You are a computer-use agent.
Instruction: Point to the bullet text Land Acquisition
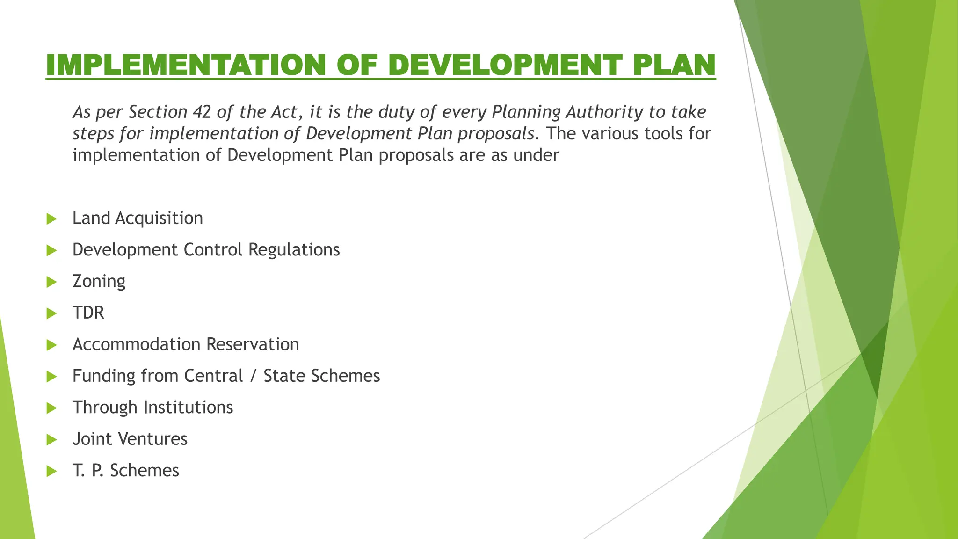click(x=138, y=219)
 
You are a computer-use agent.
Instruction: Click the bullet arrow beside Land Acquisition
click(x=51, y=219)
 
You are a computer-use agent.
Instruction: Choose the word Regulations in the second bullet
click(x=294, y=250)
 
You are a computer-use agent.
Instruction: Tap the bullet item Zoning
click(x=99, y=282)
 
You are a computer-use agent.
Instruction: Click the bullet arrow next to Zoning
click(x=51, y=282)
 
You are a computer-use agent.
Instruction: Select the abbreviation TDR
click(x=88, y=313)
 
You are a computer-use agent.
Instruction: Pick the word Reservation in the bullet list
click(x=253, y=344)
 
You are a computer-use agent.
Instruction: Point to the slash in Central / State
click(x=253, y=376)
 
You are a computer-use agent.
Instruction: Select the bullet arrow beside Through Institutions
click(x=51, y=408)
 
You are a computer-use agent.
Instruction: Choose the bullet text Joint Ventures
click(x=130, y=439)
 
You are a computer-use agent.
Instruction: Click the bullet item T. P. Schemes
click(x=126, y=471)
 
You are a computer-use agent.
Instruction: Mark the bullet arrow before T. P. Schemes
click(x=51, y=471)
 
